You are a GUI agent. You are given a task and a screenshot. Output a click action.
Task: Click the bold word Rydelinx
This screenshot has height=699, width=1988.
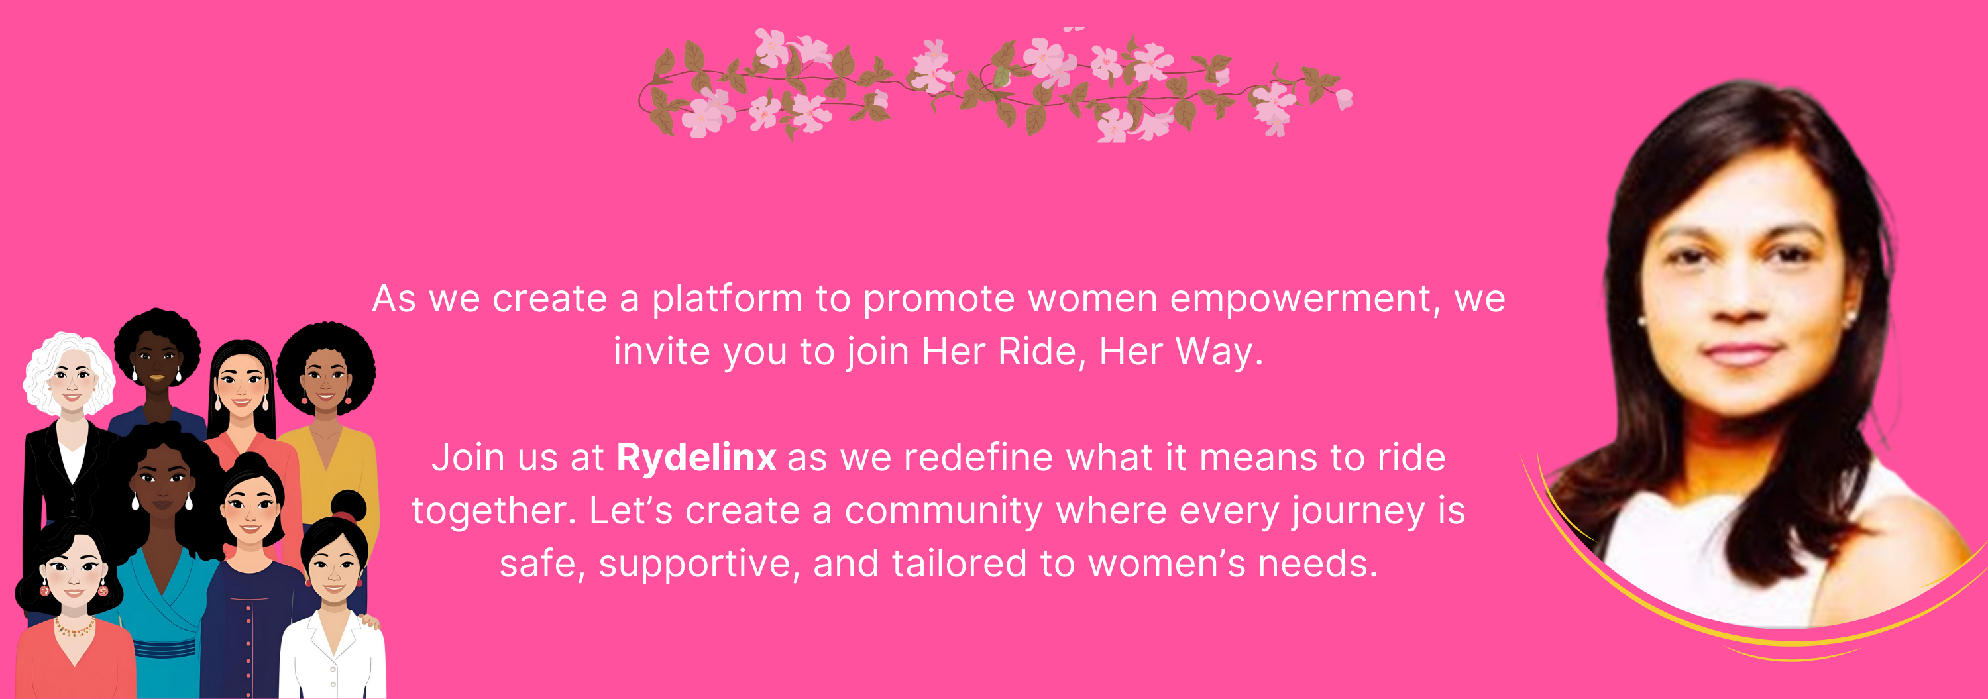coord(696,458)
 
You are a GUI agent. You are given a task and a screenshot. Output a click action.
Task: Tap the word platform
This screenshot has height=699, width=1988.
coord(727,299)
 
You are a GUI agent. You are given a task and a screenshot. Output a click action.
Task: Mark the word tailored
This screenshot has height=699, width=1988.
coord(960,563)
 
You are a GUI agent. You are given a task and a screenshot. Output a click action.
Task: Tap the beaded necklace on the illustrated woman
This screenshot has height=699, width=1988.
coord(74,627)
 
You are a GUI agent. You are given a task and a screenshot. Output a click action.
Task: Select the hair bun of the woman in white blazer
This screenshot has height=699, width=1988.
coord(348,506)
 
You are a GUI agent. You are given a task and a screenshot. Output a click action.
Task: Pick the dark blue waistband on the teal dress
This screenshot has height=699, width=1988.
coord(164,647)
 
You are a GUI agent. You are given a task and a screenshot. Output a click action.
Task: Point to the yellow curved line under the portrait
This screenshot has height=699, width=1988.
coord(1752,618)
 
